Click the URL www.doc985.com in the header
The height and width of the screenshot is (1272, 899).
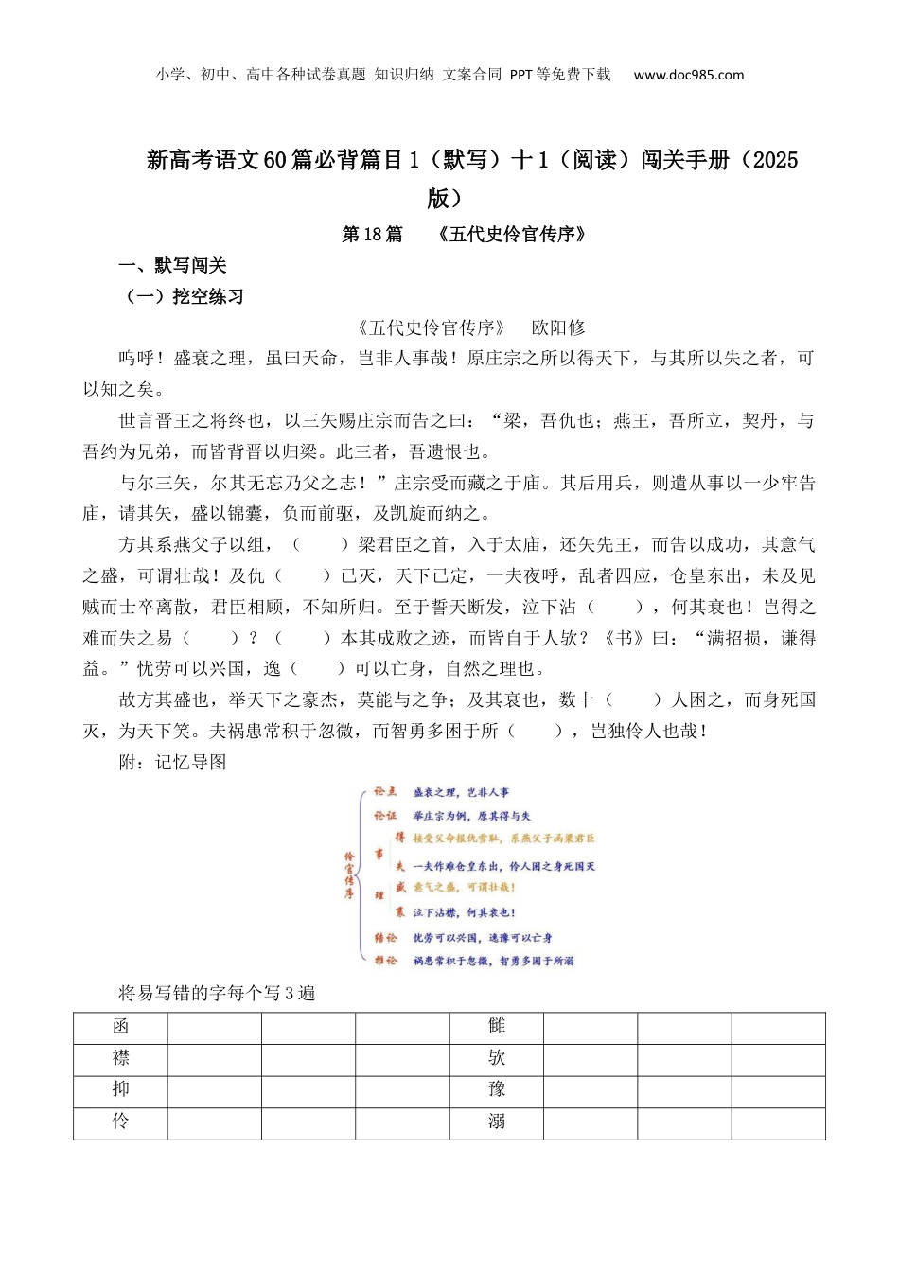688,75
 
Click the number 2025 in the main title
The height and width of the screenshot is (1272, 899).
775,160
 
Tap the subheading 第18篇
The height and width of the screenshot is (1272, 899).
371,234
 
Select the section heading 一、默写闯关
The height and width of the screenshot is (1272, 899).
172,266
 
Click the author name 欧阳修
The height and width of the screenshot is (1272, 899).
558,327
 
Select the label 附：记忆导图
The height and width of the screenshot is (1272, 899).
172,763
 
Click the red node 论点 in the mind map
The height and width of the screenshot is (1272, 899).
385,791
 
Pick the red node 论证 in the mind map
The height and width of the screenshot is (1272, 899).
385,815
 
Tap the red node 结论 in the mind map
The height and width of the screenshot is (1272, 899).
385,937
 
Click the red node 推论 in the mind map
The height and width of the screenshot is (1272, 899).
385,960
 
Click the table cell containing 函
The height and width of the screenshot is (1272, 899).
120,1027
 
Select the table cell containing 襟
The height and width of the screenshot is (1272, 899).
120,1059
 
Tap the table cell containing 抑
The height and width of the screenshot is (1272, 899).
120,1090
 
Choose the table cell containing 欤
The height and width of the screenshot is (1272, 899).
497,1059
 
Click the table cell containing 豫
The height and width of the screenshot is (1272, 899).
497,1090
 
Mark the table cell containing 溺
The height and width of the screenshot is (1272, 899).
497,1122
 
